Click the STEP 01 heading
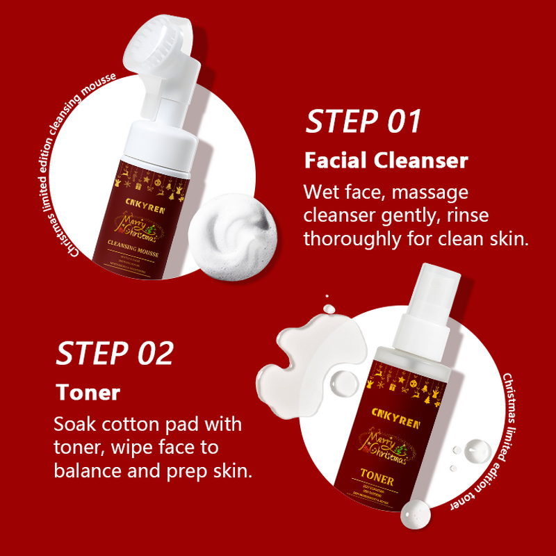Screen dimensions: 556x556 [363, 122]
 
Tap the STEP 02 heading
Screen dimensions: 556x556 [114, 353]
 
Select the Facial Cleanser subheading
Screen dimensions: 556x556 [386, 161]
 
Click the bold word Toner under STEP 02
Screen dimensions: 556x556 [88, 392]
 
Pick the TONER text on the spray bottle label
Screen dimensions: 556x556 [377, 480]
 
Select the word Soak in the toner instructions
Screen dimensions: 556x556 [74, 424]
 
